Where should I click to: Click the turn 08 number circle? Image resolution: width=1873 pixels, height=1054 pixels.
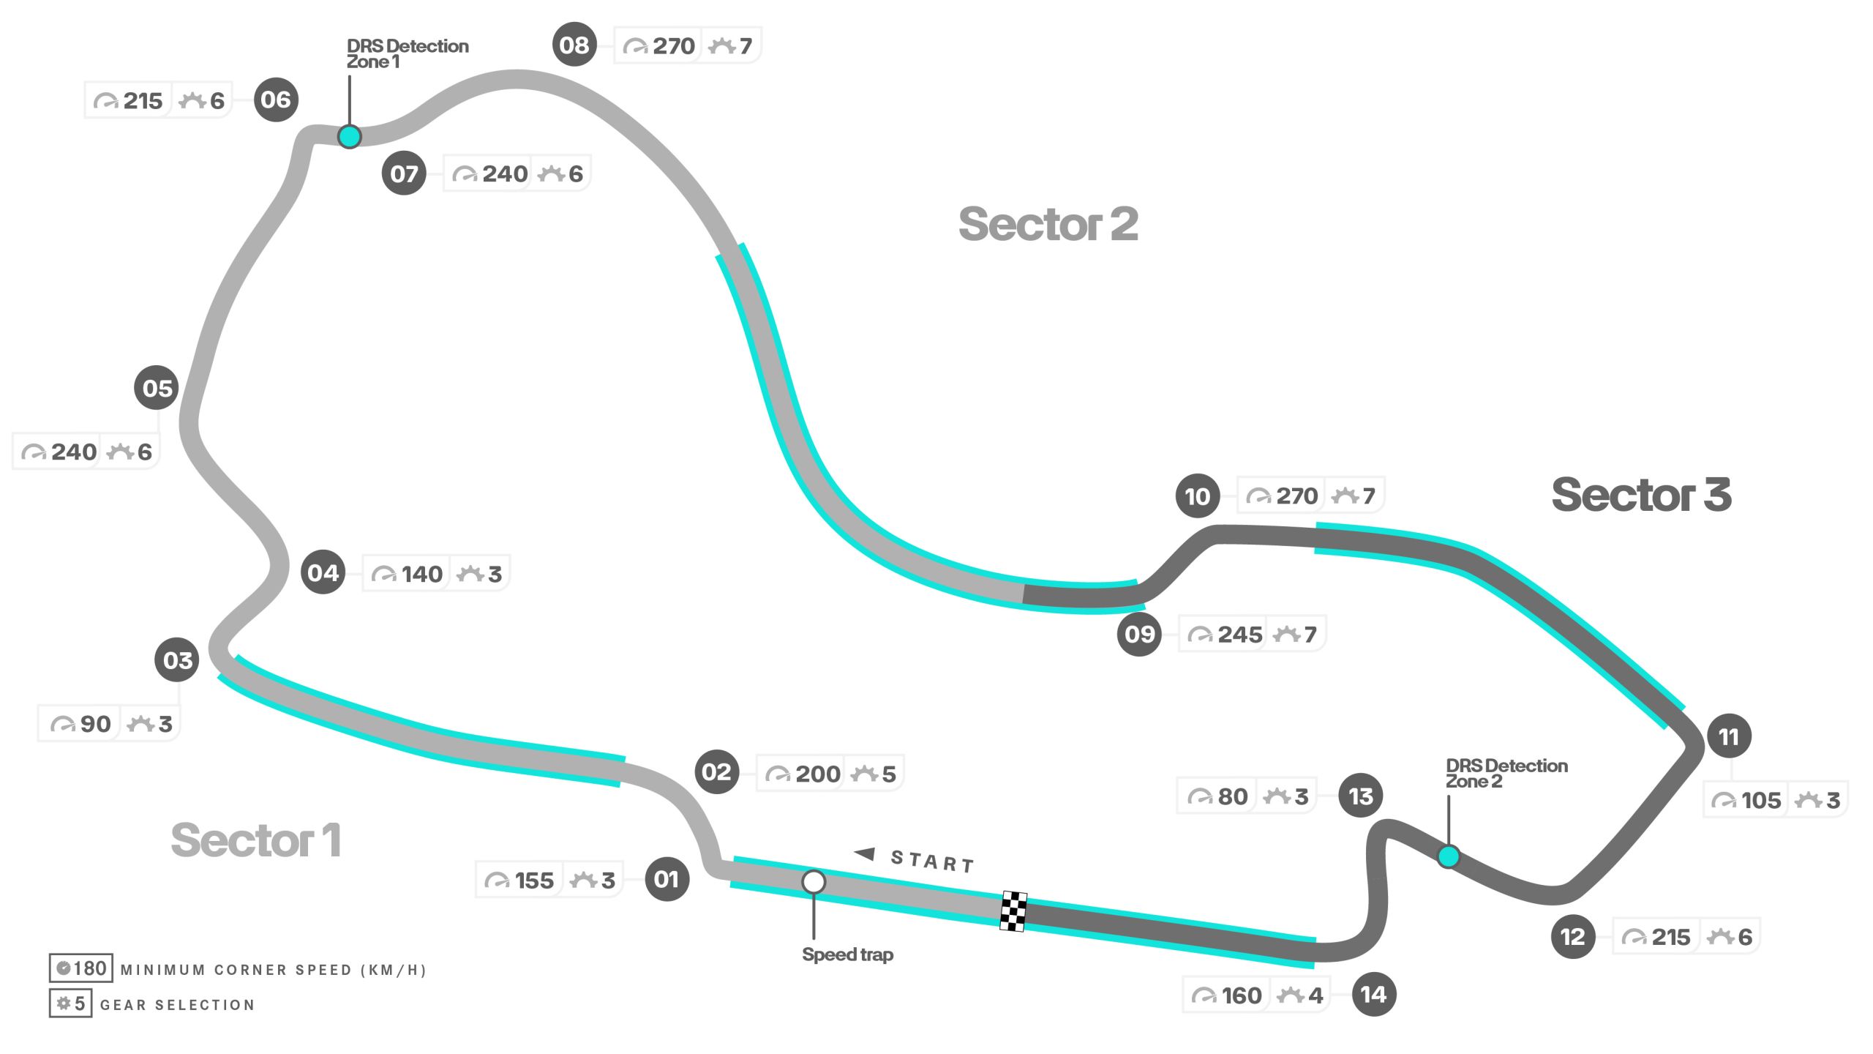574,45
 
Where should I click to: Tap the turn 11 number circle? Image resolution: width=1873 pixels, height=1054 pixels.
1729,736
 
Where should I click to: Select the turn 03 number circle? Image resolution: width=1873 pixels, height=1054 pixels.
177,660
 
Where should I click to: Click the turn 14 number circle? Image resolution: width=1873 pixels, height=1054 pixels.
1373,994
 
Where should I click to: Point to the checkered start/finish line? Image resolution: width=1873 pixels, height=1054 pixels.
1013,911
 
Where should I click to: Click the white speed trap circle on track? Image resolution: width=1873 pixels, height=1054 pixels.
814,882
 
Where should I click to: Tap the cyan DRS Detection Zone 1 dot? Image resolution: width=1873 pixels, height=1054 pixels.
350,137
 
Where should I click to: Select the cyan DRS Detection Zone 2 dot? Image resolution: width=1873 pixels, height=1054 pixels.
1449,856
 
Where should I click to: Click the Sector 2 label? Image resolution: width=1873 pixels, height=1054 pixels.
1048,224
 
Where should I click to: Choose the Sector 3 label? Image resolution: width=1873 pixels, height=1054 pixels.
1641,495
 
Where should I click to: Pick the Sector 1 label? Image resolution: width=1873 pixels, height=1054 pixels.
255,840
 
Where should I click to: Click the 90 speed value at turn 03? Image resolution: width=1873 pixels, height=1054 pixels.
95,724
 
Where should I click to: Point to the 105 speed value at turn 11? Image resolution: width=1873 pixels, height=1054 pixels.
1761,800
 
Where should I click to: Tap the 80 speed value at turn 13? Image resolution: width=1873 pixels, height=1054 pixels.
1233,796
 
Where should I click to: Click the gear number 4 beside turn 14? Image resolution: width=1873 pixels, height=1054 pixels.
1315,995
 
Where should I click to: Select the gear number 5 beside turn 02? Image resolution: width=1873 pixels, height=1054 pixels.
889,774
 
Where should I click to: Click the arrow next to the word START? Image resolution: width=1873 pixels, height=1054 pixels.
865,853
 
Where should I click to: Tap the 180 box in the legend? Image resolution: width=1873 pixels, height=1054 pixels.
81,968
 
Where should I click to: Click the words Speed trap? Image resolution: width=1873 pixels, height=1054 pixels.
847,954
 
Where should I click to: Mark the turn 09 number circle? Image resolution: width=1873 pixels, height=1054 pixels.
1139,634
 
